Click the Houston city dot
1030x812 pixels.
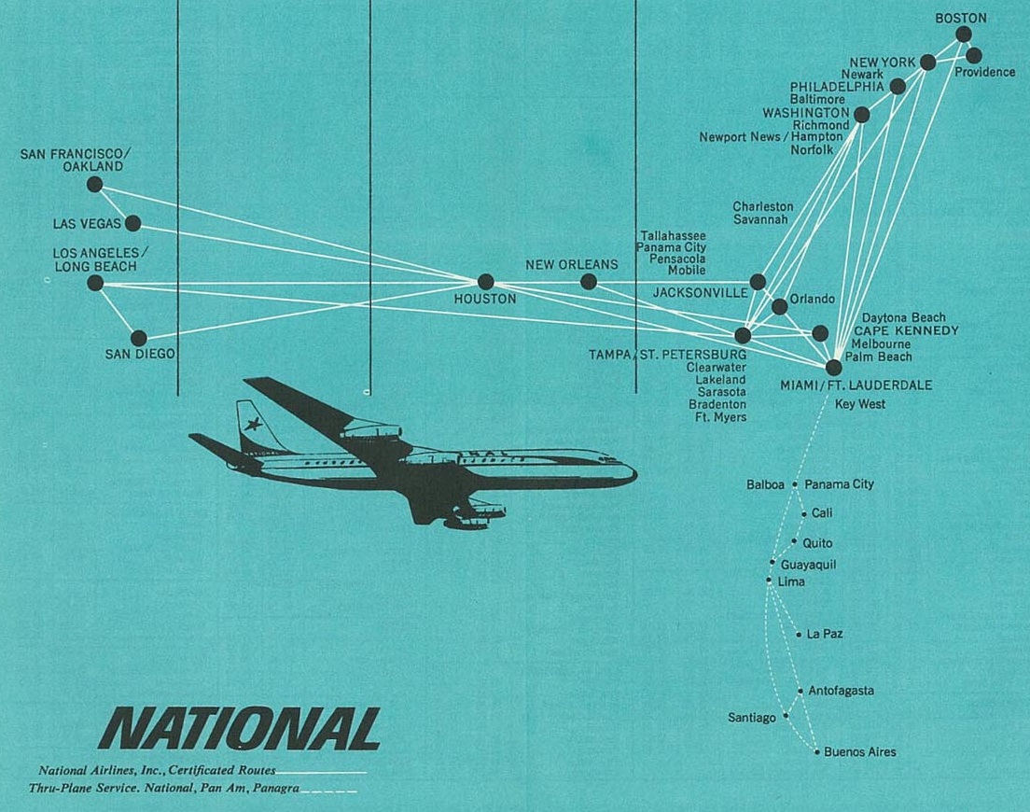click(x=485, y=282)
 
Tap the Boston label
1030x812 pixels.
click(x=960, y=19)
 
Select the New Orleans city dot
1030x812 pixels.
click(x=589, y=282)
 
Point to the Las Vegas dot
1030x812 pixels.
click(x=132, y=223)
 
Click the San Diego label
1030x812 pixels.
click(x=140, y=354)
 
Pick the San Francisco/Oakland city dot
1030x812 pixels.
click(x=94, y=185)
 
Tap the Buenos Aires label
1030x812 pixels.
click(x=860, y=752)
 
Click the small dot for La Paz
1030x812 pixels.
click(x=799, y=635)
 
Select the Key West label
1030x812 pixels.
click(x=860, y=404)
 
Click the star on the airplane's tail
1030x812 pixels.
click(x=253, y=424)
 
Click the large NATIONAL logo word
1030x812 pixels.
click(x=240, y=729)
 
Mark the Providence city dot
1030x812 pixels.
click(x=973, y=55)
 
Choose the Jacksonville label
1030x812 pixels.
click(x=701, y=293)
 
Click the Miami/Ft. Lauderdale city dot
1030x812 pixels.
click(x=833, y=367)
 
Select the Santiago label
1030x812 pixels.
click(x=751, y=718)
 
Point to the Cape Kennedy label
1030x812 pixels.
click(x=906, y=330)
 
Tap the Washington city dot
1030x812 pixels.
click(x=862, y=115)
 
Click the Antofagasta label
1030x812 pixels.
click(x=841, y=691)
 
